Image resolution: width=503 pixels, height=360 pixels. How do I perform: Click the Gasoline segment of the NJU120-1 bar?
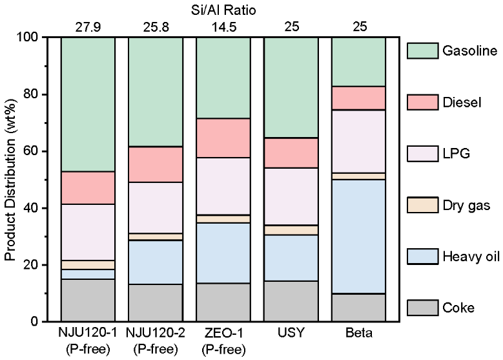(x=88, y=104)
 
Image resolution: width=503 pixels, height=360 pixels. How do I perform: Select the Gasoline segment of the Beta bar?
(x=358, y=61)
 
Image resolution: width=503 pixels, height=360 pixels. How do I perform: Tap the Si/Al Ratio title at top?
(x=223, y=8)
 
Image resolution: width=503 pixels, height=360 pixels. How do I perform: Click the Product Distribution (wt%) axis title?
(x=10, y=180)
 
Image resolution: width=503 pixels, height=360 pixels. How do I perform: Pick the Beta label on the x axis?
(x=358, y=335)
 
